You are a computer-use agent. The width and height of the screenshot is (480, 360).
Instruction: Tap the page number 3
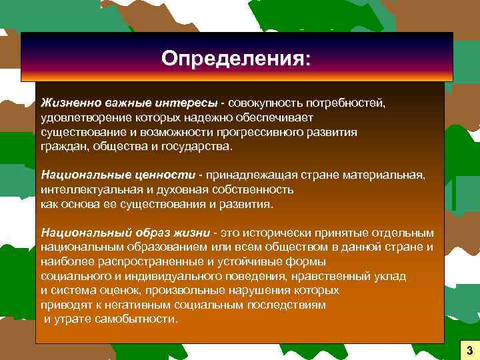469,350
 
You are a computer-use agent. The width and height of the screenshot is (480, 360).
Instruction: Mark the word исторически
279,233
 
